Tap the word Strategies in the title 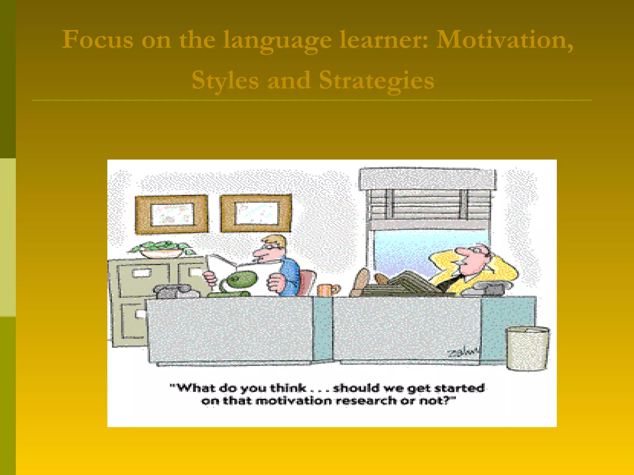tap(376, 80)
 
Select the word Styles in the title tap(225, 80)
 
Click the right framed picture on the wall tap(256, 213)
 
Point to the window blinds tap(429, 204)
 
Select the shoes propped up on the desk tap(365, 280)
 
